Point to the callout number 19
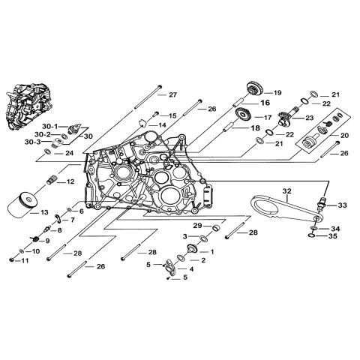point(277,91)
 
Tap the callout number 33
point(341,205)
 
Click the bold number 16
point(265,102)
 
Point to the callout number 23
point(308,117)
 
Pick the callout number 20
point(344,135)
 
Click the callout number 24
point(90,153)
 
